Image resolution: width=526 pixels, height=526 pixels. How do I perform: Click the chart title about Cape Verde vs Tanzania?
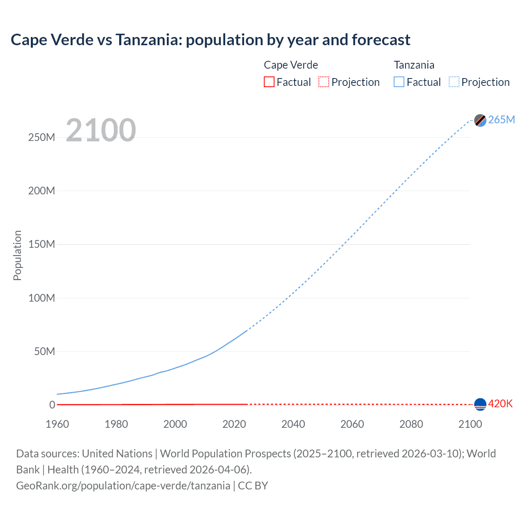pyautogui.click(x=210, y=40)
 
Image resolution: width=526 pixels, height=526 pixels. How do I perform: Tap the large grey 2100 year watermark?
pyautogui.click(x=101, y=130)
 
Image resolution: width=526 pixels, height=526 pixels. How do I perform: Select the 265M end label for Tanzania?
pyautogui.click(x=501, y=120)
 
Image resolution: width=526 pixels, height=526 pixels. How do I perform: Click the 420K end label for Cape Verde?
pyautogui.click(x=500, y=404)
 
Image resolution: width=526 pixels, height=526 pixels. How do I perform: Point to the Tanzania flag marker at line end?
pyautogui.click(x=480, y=120)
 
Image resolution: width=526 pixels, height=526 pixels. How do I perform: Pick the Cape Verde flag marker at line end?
pyautogui.click(x=480, y=404)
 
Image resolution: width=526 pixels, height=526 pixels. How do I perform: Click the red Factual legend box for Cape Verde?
pyautogui.click(x=269, y=82)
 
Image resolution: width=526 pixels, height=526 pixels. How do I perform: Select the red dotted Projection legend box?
pyautogui.click(x=324, y=82)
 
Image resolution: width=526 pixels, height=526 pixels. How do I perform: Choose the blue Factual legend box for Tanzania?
pyautogui.click(x=399, y=82)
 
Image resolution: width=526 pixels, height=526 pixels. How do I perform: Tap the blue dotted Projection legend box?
pyautogui.click(x=454, y=82)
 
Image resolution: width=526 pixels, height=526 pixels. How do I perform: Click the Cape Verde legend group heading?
pyautogui.click(x=291, y=65)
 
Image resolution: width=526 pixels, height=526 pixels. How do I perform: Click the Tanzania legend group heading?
pyautogui.click(x=414, y=65)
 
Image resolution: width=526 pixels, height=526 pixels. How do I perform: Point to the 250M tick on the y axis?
pyautogui.click(x=42, y=137)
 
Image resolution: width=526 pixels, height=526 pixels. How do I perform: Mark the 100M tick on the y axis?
pyautogui.click(x=42, y=298)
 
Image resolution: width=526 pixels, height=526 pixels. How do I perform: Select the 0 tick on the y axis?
pyautogui.click(x=52, y=405)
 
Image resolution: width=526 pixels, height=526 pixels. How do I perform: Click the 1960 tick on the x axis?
pyautogui.click(x=57, y=424)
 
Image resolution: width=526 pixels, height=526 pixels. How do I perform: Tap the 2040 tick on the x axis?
pyautogui.click(x=293, y=424)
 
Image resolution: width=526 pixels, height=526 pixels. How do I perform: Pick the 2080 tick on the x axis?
pyautogui.click(x=411, y=424)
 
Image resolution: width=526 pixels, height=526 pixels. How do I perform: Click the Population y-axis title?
pyautogui.click(x=17, y=255)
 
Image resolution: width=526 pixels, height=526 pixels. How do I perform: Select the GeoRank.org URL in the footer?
pyautogui.click(x=123, y=486)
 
